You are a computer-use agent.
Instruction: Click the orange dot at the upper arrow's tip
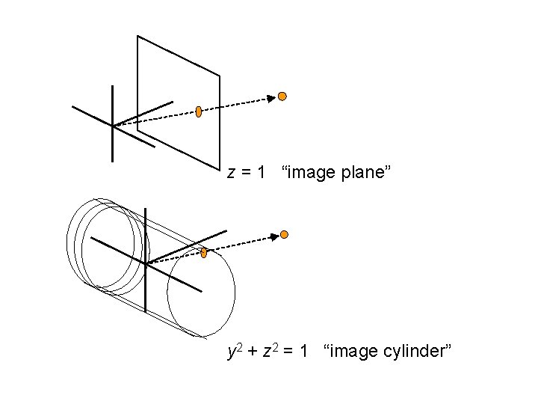tap(282, 96)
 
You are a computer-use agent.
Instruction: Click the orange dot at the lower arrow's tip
tap(284, 234)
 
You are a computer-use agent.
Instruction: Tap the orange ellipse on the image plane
tap(199, 112)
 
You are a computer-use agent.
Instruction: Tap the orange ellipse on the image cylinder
tap(203, 253)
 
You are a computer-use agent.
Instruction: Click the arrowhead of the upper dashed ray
tap(273, 98)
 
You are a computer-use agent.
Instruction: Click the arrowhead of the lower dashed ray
tap(274, 236)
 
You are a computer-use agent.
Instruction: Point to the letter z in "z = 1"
tap(232, 174)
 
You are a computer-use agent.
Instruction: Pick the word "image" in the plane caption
tap(312, 174)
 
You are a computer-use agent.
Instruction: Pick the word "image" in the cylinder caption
tap(355, 351)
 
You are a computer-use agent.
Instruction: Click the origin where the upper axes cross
tap(112, 126)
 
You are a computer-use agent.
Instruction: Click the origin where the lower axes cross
tap(146, 263)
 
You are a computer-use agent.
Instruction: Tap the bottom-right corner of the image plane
tap(219, 168)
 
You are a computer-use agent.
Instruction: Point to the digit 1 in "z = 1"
tap(260, 173)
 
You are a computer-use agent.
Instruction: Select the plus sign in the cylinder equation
tap(252, 352)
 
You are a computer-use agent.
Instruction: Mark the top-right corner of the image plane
tap(219, 76)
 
